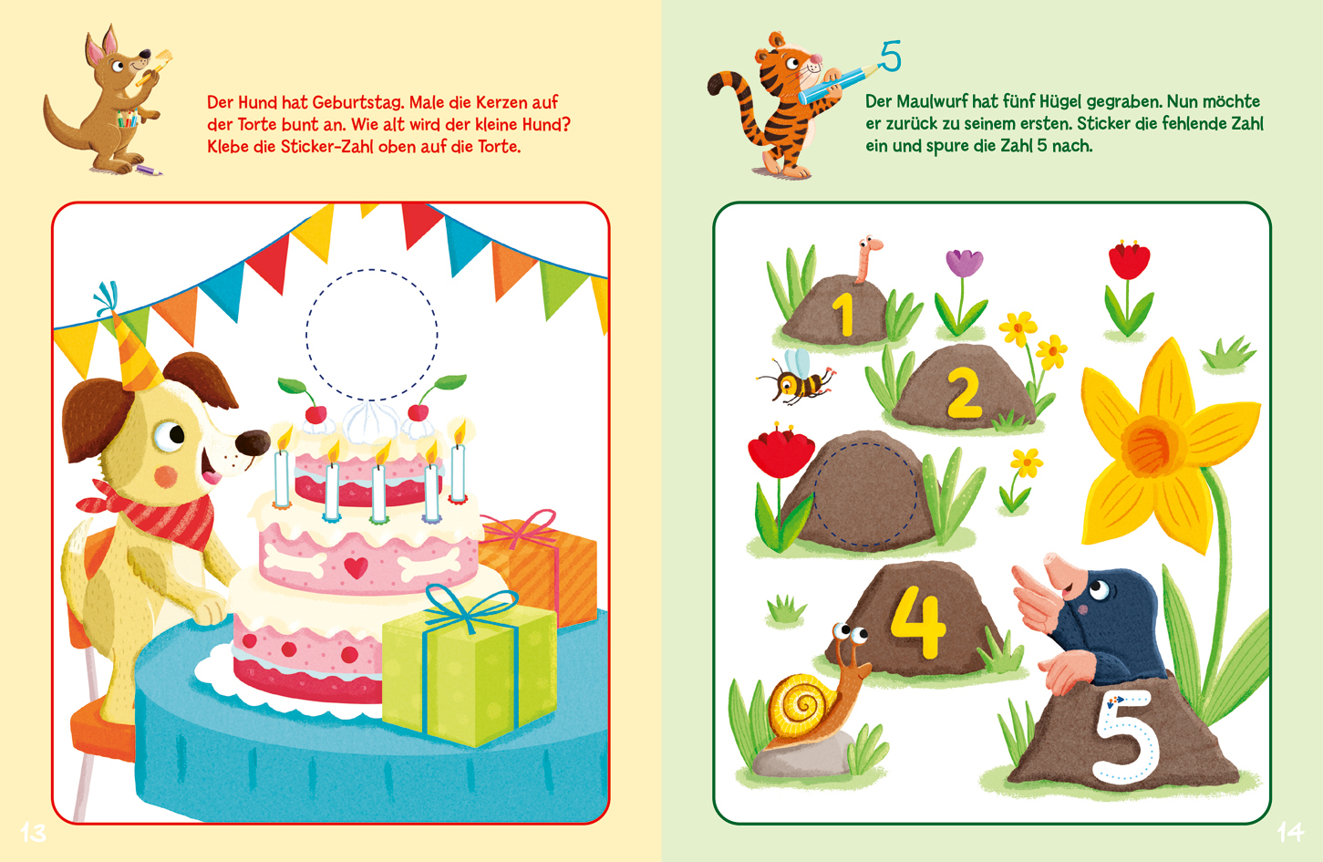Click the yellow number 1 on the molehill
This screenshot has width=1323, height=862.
pyautogui.click(x=844, y=315)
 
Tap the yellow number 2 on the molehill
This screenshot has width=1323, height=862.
pyautogui.click(x=965, y=393)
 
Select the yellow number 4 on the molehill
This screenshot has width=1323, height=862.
pyautogui.click(x=918, y=621)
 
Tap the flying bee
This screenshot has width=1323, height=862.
pyautogui.click(x=795, y=379)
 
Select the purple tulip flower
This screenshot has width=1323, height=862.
pyautogui.click(x=964, y=264)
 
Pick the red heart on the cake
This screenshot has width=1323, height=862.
pyautogui.click(x=356, y=567)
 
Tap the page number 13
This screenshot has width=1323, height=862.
pyautogui.click(x=34, y=833)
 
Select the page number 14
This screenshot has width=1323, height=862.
pyautogui.click(x=1290, y=833)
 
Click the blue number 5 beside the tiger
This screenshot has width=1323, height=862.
pyautogui.click(x=891, y=57)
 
